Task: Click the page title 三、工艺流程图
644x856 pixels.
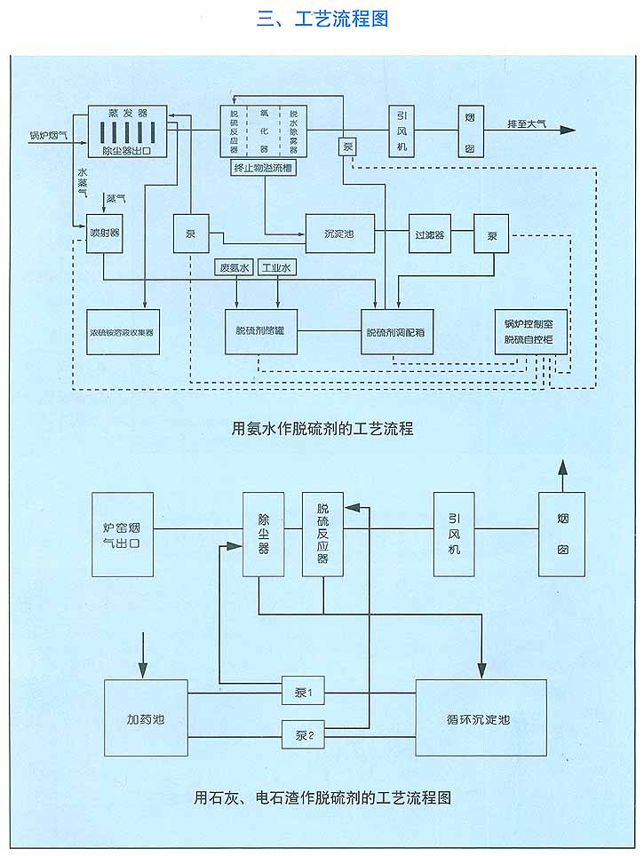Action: tap(322, 18)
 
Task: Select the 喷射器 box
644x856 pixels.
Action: tap(104, 233)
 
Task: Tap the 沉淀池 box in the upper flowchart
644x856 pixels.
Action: tap(338, 233)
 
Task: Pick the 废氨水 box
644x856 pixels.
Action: tap(235, 266)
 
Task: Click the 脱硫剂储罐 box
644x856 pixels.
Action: tap(260, 330)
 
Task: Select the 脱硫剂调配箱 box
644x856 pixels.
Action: tap(396, 331)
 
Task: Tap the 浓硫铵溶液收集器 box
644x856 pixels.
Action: tap(123, 331)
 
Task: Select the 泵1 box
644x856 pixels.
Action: tap(304, 690)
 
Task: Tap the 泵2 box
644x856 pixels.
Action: tap(304, 733)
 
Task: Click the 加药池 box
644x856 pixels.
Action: tap(146, 717)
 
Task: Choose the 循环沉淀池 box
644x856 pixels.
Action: tap(481, 717)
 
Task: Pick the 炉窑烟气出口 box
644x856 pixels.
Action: tap(122, 535)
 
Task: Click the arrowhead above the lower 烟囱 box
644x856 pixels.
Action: tap(561, 467)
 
